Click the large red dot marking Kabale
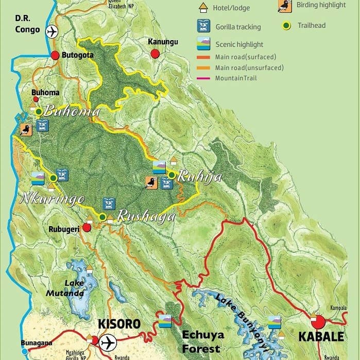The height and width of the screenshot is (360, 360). point(318,322)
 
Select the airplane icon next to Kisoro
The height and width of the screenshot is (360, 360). point(108,342)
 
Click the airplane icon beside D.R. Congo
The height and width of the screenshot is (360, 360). point(52,31)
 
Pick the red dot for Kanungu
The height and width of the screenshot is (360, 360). point(155,54)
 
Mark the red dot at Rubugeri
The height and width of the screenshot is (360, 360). point(87,227)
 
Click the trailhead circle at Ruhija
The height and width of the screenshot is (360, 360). point(172,175)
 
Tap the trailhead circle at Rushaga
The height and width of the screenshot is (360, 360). point(102,217)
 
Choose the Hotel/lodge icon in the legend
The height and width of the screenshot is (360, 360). point(203,8)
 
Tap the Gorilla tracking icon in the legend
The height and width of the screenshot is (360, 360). point(203,26)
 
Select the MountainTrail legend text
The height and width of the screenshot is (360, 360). point(236,78)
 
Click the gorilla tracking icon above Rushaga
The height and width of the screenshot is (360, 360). point(109,203)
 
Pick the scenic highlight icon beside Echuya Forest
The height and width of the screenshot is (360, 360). point(165,321)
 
